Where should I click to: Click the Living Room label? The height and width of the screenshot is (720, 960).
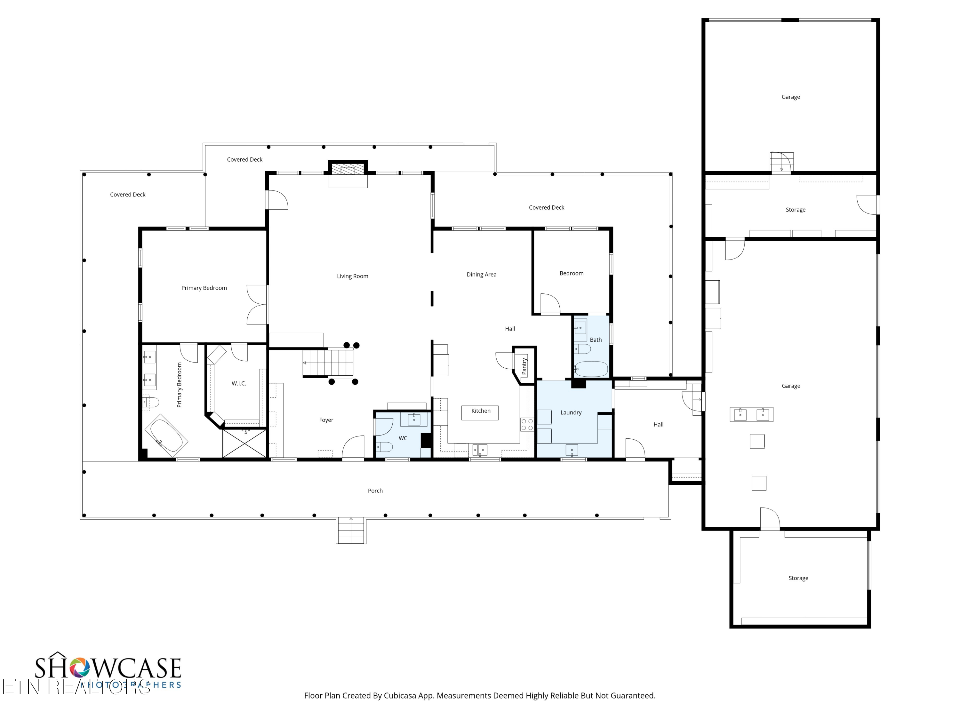tap(352, 276)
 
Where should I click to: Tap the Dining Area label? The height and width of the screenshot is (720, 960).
tap(481, 274)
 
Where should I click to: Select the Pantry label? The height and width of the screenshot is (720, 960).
tap(524, 366)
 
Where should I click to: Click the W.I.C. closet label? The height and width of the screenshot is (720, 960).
tap(239, 383)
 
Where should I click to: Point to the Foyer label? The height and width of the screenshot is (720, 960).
tap(326, 420)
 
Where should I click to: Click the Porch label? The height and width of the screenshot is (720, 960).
tap(375, 491)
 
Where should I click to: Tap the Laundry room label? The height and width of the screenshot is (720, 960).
tap(571, 412)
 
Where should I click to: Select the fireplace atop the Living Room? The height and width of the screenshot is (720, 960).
tap(348, 169)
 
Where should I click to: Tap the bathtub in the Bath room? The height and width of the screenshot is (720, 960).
tap(591, 369)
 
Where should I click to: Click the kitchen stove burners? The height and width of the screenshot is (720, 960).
tap(527, 424)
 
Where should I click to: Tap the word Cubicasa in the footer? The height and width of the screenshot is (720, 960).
tap(400, 695)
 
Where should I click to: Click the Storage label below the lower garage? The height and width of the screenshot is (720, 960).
tap(798, 578)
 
